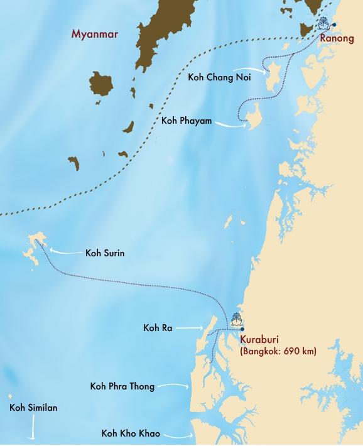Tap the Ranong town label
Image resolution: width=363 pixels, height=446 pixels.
click(x=337, y=39)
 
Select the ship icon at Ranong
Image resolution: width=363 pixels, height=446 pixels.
click(x=323, y=24)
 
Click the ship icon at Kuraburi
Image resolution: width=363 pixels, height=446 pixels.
click(x=237, y=319)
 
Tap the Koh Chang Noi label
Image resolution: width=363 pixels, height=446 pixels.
click(x=217, y=77)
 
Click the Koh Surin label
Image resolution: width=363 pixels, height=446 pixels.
click(x=107, y=254)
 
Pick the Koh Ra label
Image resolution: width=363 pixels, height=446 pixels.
click(x=158, y=327)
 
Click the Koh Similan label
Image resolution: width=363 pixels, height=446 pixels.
click(x=33, y=408)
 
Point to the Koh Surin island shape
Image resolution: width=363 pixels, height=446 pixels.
click(x=35, y=247)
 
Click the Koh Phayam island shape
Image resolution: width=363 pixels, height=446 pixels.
click(x=252, y=117)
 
